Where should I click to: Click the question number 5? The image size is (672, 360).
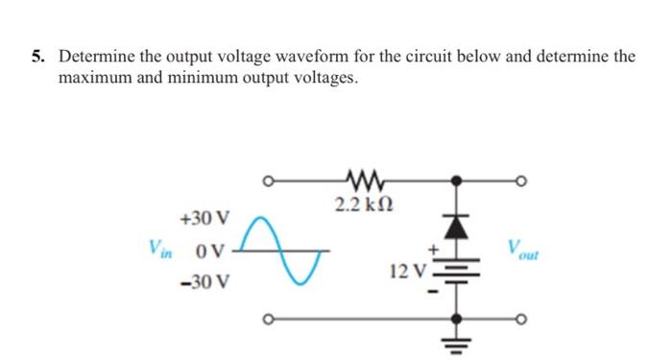36,57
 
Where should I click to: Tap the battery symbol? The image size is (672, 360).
458,271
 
